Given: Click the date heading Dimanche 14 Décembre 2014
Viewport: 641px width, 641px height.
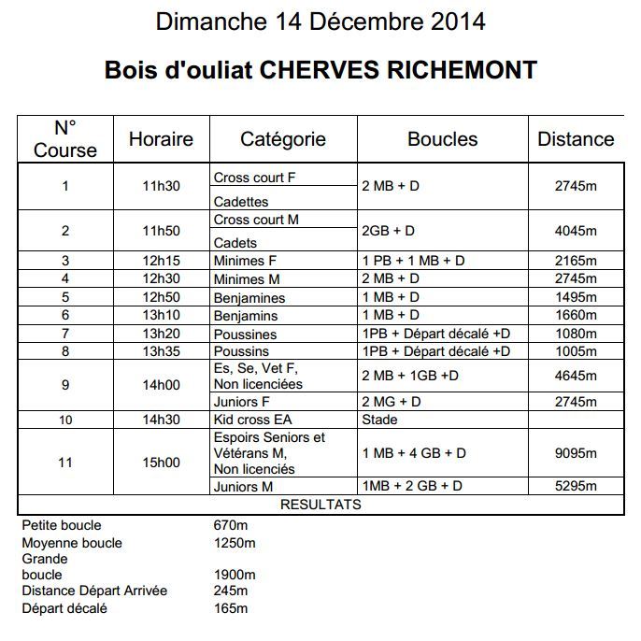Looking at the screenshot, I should click(320, 21).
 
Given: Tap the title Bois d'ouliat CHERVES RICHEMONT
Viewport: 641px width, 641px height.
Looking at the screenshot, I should click(320, 70).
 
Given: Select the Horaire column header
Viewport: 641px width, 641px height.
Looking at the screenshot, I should click(161, 139).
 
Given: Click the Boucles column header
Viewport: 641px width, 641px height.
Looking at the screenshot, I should click(442, 139).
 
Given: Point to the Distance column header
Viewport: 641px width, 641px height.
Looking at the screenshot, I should click(576, 139).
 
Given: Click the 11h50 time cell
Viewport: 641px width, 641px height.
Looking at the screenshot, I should click(161, 231).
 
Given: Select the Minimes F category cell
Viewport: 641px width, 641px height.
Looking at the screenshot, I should click(247, 261).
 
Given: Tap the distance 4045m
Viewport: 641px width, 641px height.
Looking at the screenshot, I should click(576, 231).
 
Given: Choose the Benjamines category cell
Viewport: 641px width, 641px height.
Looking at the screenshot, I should click(249, 297).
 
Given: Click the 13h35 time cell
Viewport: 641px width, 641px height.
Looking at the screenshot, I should click(161, 351).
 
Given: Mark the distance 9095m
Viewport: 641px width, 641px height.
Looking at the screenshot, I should click(576, 453).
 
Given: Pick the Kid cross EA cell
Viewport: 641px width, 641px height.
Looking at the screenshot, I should click(253, 420).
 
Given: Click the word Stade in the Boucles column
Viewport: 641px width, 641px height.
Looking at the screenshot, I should click(379, 420).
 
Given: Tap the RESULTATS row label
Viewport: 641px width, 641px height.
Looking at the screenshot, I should click(320, 505).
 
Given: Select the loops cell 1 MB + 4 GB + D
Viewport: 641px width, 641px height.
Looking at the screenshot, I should click(413, 453).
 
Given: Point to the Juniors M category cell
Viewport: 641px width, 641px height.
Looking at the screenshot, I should click(243, 486).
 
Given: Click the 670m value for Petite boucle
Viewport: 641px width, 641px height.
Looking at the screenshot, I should click(230, 525).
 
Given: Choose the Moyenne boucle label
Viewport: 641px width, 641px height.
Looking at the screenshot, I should click(72, 543).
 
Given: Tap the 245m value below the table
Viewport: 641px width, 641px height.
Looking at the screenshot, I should click(231, 591).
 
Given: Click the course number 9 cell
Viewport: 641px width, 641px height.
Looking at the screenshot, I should click(65, 384).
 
